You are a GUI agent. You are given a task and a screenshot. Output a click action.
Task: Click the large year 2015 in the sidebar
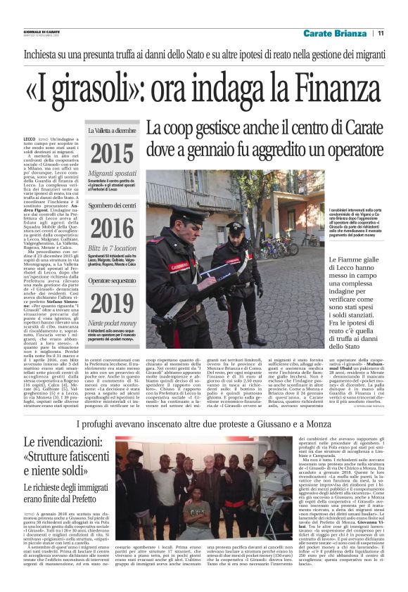111,153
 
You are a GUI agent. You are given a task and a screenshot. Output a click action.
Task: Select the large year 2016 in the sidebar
111,229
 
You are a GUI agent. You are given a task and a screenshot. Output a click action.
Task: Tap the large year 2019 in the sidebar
111,304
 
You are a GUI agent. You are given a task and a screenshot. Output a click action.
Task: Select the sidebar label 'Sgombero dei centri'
111,206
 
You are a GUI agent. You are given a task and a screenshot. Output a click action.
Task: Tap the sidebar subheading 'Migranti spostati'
111,173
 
